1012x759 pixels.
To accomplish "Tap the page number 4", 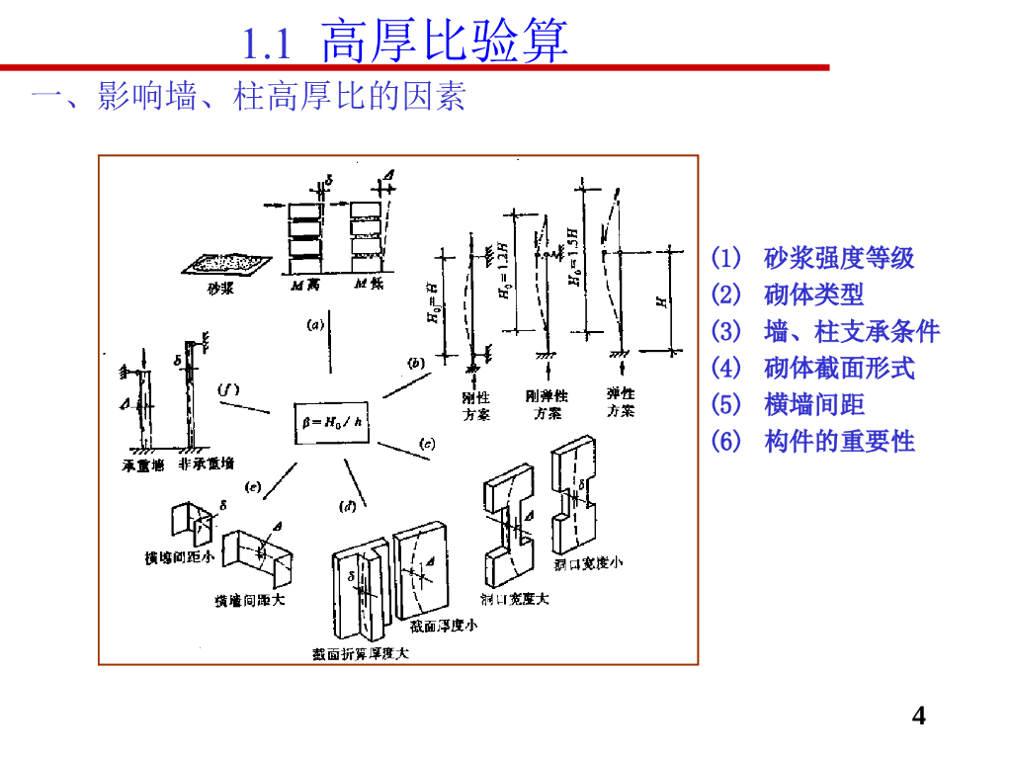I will pos(919,717).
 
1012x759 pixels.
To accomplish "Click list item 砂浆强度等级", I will pos(839,259).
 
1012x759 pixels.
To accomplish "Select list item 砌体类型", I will pos(813,295).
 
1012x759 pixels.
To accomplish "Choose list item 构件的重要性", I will pos(839,442).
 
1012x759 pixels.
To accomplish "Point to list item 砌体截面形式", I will pos(839,369).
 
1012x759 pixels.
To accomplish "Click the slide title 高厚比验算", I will pos(445,42).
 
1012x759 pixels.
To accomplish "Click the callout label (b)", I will pos(416,364).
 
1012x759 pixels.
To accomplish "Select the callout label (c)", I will pos(426,443).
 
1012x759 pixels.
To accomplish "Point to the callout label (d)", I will pos(348,507).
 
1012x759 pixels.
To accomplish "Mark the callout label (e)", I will pos(253,486).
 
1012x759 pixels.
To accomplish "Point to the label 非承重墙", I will pos(207,464).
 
